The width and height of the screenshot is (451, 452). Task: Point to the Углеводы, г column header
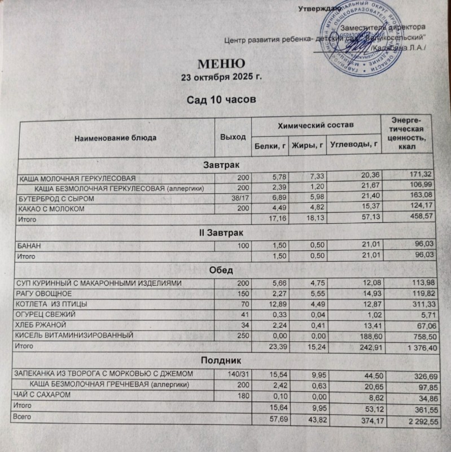353,146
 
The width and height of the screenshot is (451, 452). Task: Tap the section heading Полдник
221,359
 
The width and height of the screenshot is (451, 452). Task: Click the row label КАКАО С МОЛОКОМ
51,210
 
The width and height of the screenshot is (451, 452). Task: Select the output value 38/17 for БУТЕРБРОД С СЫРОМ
240,199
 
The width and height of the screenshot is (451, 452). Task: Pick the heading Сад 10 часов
218,99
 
